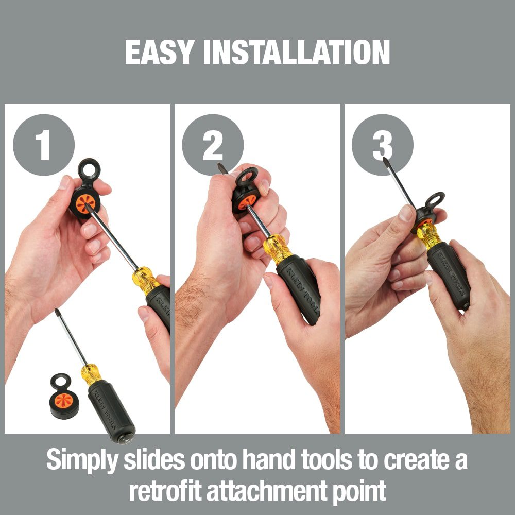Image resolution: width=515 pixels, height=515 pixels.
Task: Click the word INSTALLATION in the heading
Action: [297, 52]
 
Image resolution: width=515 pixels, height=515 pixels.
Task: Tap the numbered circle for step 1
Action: [44, 145]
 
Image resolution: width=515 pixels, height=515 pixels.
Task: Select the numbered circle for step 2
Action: [213, 145]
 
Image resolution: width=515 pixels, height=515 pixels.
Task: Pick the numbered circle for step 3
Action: [382, 145]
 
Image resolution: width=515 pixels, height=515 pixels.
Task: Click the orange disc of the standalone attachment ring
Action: [64, 400]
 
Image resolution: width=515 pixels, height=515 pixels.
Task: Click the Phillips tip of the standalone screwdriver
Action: [57, 312]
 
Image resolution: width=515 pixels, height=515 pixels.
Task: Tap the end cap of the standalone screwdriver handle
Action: [126, 438]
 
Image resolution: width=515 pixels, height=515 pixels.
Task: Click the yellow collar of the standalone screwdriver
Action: [91, 374]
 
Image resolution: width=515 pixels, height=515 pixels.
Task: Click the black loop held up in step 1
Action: [89, 169]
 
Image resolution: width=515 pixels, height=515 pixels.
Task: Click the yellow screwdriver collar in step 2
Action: [277, 249]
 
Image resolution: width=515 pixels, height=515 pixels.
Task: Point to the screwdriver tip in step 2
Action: [222, 168]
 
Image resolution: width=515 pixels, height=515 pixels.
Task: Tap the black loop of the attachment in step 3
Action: [435, 200]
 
